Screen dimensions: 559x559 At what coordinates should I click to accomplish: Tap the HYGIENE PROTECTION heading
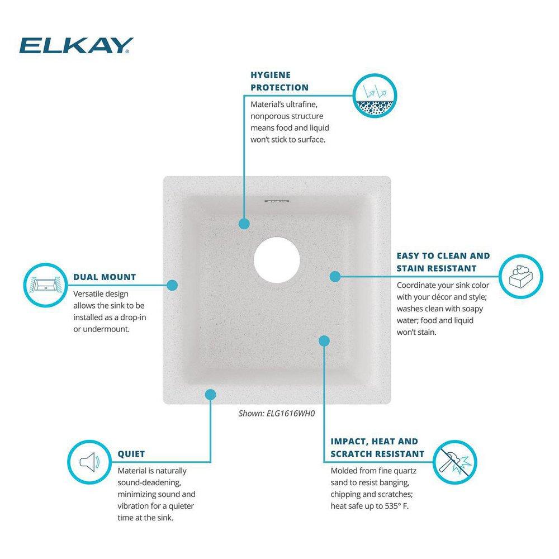tap(279, 80)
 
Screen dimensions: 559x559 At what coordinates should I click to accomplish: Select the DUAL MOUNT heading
tap(105, 277)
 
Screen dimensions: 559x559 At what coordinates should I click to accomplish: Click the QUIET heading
tap(131, 454)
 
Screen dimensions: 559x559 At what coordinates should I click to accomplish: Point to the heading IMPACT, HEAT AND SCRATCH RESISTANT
tap(377, 447)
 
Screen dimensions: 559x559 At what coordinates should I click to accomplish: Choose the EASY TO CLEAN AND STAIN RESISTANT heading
tap(443, 262)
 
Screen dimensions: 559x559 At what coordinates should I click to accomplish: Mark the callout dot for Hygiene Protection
tap(244, 224)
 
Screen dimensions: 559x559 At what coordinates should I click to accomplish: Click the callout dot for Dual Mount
tap(173, 285)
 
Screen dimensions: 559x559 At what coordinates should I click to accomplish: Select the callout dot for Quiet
tap(210, 395)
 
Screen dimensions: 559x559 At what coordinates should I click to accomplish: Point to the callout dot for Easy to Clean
tap(335, 276)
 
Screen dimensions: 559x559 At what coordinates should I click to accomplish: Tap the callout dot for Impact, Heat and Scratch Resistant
tap(325, 340)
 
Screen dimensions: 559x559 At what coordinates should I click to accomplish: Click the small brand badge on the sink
tap(276, 198)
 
